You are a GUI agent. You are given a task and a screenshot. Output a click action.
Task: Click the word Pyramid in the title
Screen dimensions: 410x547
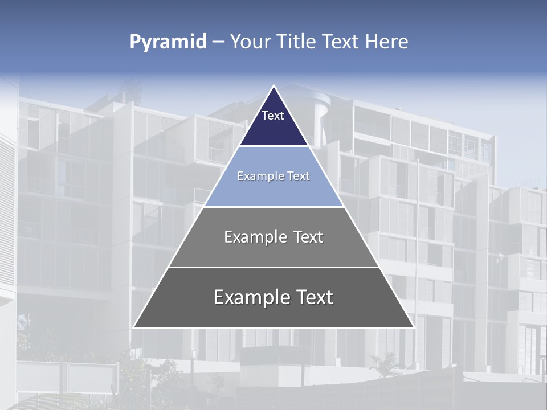click(x=168, y=42)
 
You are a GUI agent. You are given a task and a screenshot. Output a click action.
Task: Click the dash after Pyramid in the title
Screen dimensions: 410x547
click(x=218, y=42)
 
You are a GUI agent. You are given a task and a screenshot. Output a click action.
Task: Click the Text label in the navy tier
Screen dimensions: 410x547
click(x=273, y=116)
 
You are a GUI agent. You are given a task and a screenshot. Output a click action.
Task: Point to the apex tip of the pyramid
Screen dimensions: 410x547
click(x=274, y=86)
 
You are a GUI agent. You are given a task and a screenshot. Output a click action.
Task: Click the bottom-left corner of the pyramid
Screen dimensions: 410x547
click(x=133, y=327)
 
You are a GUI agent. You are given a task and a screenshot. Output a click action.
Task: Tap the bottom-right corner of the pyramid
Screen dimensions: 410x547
click(x=414, y=327)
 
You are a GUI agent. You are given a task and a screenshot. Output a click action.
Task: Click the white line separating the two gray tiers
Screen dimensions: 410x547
click(x=273, y=267)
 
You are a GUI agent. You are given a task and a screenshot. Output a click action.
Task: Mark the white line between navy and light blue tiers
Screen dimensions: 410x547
click(x=274, y=146)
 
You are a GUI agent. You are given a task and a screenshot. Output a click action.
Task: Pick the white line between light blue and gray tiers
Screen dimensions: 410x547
click(x=273, y=207)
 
